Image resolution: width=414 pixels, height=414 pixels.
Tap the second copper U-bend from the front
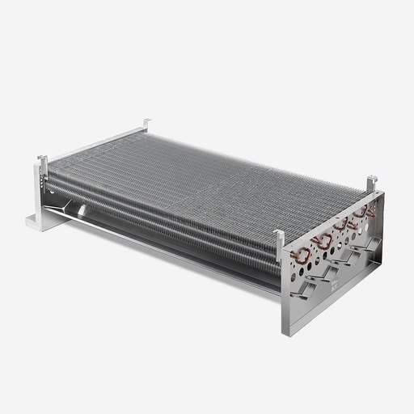[323, 240]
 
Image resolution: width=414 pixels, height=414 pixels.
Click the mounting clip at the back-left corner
[146, 124]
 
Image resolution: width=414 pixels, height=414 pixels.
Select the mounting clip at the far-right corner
[371, 183]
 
